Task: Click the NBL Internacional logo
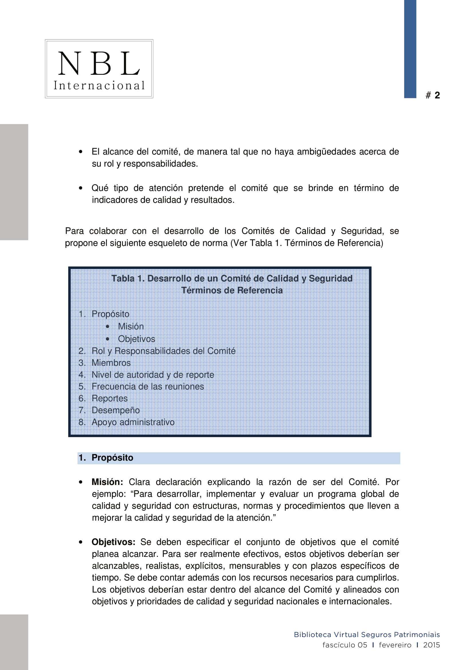99,69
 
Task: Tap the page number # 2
432,95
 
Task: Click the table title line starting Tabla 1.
232,278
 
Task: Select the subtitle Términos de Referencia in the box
232,290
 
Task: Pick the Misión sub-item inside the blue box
130,326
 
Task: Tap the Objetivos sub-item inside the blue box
136,339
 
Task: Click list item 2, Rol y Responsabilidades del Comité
163,351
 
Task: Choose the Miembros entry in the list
111,363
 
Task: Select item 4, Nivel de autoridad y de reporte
153,375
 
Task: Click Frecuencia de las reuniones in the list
148,386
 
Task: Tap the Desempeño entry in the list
115,410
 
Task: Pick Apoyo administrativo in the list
133,422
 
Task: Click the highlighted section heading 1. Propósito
112,457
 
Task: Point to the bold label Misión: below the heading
107,482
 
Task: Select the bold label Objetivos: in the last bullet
113,542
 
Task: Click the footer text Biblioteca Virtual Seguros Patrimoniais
367,635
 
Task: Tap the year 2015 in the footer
431,645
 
